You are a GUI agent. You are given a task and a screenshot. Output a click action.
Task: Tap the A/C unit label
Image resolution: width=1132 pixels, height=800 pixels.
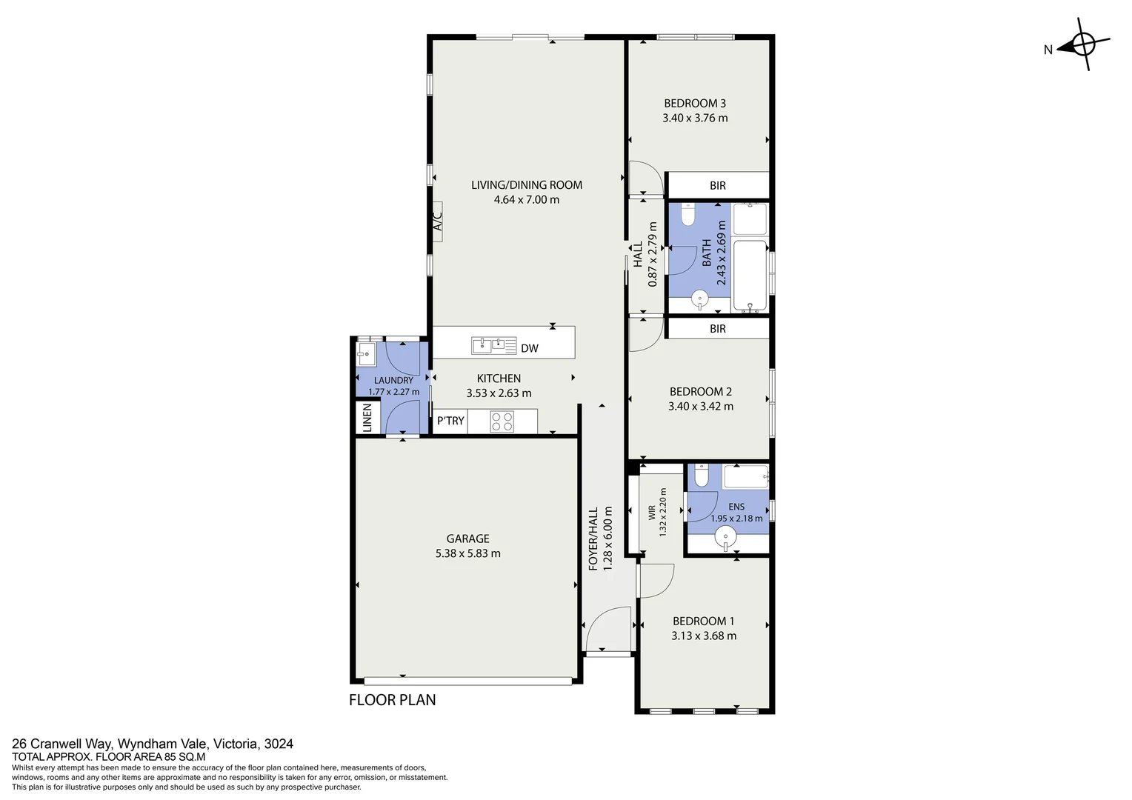[x=437, y=220]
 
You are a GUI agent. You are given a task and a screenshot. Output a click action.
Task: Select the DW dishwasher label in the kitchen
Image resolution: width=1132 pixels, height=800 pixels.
[x=529, y=348]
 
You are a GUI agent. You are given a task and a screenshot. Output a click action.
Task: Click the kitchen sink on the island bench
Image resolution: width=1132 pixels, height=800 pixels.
[x=493, y=344]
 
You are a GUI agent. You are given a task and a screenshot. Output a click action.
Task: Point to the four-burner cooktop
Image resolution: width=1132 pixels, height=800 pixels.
[x=502, y=421]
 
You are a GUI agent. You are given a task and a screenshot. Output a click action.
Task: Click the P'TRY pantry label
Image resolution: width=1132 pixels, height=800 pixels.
[x=450, y=421]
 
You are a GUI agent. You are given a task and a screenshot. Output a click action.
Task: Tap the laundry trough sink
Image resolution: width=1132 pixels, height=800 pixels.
[x=367, y=353]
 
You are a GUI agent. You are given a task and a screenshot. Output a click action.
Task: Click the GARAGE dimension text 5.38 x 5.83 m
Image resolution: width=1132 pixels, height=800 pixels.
[x=467, y=553]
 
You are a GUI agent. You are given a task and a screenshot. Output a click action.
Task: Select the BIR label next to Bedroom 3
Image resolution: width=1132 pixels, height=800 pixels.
[x=717, y=186]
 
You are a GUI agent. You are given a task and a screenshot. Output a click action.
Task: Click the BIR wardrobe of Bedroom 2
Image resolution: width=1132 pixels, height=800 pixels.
[x=717, y=328]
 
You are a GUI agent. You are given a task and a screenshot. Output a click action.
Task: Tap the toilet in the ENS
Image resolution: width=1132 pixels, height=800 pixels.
[x=702, y=477]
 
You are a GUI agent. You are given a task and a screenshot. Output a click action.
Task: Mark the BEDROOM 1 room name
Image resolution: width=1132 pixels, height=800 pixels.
[x=703, y=621]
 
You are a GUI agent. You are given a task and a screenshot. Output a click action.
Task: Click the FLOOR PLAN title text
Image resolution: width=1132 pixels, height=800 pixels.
[x=392, y=700]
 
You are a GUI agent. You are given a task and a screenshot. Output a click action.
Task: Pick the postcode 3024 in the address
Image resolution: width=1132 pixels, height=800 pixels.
[x=279, y=744]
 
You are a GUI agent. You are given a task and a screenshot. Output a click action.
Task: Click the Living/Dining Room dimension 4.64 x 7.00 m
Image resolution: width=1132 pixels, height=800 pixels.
[x=526, y=199]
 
